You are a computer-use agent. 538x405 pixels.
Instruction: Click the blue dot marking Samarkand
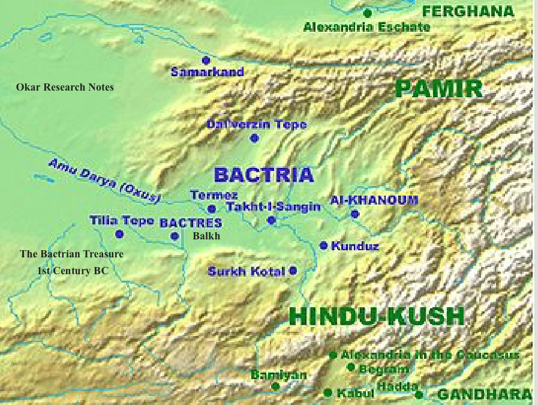click(206, 60)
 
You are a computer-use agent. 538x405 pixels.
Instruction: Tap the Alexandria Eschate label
click(366, 27)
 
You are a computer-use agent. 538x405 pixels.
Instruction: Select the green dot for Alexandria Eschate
click(368, 13)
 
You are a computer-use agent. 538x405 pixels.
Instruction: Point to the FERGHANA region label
click(468, 11)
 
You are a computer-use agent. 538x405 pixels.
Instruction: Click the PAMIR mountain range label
click(439, 89)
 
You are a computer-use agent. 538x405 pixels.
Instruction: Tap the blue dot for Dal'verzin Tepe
click(254, 138)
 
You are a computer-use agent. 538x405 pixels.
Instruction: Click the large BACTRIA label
click(263, 175)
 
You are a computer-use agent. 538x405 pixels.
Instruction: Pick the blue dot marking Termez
click(211, 209)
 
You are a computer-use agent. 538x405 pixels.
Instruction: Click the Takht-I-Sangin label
click(273, 206)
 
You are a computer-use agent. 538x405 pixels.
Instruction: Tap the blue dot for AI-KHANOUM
click(354, 214)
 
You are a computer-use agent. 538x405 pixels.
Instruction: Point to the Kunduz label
click(354, 246)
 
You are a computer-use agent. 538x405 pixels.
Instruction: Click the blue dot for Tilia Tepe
click(119, 234)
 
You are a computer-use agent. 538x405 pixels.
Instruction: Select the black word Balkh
click(206, 236)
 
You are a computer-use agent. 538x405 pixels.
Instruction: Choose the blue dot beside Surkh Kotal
click(293, 271)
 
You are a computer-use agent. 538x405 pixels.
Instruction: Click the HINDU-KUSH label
click(376, 316)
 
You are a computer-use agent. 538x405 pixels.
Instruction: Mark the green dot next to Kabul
click(327, 392)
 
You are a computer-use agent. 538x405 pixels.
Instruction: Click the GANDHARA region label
click(483, 394)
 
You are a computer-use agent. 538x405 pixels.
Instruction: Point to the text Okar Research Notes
click(65, 87)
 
